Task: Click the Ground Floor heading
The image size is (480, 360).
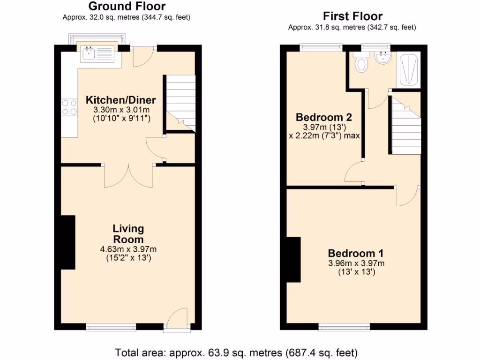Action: click(x=127, y=7)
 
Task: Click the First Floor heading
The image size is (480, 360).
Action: click(x=352, y=16)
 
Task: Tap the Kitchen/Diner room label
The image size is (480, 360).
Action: click(x=120, y=100)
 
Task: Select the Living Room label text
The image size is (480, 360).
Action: click(x=128, y=233)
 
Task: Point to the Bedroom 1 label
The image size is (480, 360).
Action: click(x=356, y=253)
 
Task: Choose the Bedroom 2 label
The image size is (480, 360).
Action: click(x=324, y=117)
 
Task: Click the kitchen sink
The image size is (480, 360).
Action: click(x=97, y=54)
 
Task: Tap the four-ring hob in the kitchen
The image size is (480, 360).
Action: click(x=69, y=107)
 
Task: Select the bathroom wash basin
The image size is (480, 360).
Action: click(x=383, y=58)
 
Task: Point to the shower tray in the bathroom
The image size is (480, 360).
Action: click(x=408, y=70)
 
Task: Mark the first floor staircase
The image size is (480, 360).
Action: click(x=406, y=127)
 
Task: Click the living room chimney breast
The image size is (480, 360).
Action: click(x=68, y=242)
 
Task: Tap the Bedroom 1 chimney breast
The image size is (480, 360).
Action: click(x=293, y=260)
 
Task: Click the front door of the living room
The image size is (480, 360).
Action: click(x=177, y=320)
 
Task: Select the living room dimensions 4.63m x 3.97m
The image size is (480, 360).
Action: click(x=128, y=249)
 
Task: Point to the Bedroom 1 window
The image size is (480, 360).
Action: click(x=344, y=326)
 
